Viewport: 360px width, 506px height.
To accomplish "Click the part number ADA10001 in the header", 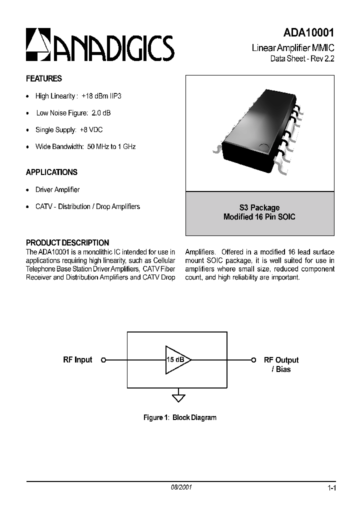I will point(308,33).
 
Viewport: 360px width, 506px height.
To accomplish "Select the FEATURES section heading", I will point(44,78).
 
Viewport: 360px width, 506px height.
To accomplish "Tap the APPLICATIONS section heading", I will point(51,172).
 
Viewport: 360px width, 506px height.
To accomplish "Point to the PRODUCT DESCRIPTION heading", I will point(67,243).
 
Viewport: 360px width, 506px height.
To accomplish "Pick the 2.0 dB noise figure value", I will point(101,113).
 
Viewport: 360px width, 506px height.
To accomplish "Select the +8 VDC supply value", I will point(91,130).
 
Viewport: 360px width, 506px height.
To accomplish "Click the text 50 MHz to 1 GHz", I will point(111,147).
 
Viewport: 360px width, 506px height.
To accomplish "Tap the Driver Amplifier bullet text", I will point(57,190).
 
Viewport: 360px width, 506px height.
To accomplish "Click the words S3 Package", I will point(259,207).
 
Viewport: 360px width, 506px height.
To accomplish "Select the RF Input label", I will point(77,360).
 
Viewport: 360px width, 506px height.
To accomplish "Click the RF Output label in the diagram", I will point(281,360).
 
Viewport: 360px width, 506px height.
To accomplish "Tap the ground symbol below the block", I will point(178,398).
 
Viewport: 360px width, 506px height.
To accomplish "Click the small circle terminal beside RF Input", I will point(103,360).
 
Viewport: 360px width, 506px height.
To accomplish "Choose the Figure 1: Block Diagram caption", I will point(180,417).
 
